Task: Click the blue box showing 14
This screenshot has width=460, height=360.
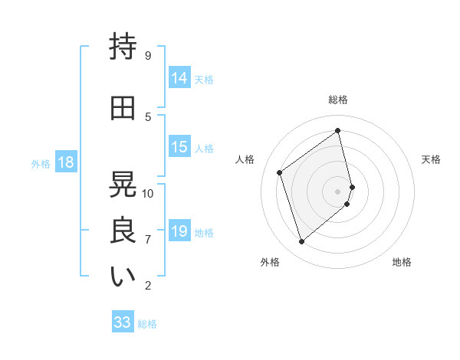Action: click(179, 78)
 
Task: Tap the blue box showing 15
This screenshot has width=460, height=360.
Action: click(179, 148)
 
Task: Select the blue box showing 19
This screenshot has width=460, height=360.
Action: click(179, 231)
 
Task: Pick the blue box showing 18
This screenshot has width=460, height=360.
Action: click(65, 162)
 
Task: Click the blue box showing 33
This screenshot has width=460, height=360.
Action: click(123, 322)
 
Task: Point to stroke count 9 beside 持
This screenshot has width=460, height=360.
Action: click(147, 55)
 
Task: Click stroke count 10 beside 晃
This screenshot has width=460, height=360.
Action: click(148, 193)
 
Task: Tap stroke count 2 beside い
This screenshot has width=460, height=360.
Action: click(147, 286)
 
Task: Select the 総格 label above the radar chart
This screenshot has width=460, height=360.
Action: click(338, 100)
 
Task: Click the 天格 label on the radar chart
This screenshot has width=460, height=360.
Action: click(432, 159)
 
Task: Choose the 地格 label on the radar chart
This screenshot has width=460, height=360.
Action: click(402, 262)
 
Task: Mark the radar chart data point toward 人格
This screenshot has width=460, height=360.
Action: click(280, 172)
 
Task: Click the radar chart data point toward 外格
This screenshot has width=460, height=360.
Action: click(301, 242)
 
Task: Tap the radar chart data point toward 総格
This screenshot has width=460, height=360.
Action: click(338, 130)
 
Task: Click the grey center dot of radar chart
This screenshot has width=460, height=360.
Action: click(338, 191)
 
